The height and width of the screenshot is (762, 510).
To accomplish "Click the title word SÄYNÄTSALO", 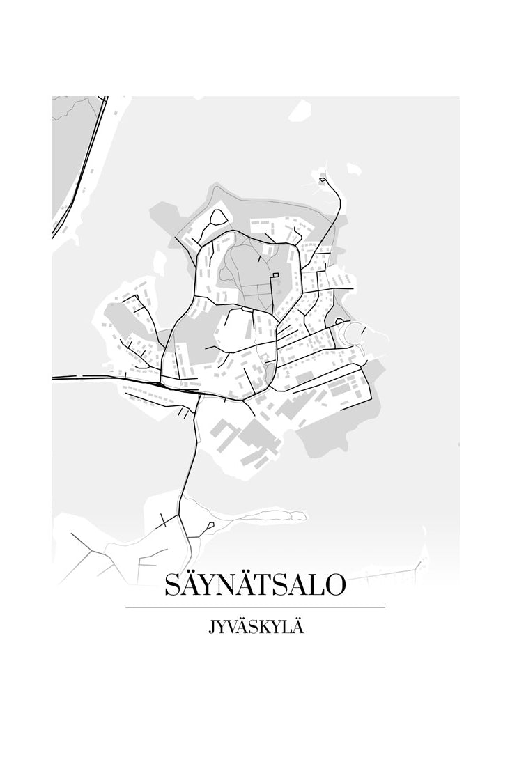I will coord(254,585).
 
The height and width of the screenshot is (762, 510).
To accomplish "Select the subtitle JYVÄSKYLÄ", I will coord(255,627).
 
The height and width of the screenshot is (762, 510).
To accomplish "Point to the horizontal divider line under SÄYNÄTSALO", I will coord(255,607).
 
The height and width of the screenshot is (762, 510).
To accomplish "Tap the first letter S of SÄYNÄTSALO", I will coord(172,586).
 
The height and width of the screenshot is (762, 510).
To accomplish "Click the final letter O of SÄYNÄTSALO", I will coord(333,586).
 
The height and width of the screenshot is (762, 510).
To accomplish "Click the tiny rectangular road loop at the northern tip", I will coord(323,180).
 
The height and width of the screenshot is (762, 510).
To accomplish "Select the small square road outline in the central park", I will coord(276,276).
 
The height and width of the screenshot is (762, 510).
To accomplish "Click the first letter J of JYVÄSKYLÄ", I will coord(211,628).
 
